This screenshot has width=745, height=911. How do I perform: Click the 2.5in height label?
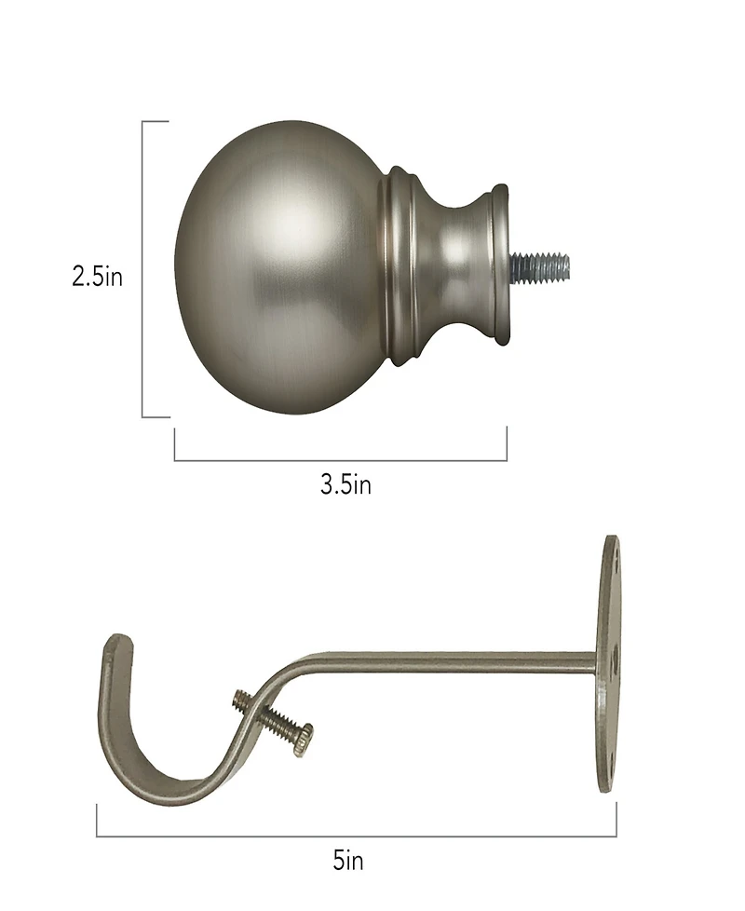pos(97,278)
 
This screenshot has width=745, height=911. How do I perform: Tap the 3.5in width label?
pos(345,484)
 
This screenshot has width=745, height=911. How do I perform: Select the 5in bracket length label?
pos(348,861)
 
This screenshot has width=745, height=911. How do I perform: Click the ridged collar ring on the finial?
pos(399,266)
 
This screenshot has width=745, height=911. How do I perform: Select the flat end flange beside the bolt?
pos(500,263)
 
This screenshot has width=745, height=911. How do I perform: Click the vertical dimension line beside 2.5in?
pos(143,270)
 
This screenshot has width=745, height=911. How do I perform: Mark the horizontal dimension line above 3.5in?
pos(341,460)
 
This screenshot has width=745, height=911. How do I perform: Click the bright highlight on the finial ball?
pos(279,224)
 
